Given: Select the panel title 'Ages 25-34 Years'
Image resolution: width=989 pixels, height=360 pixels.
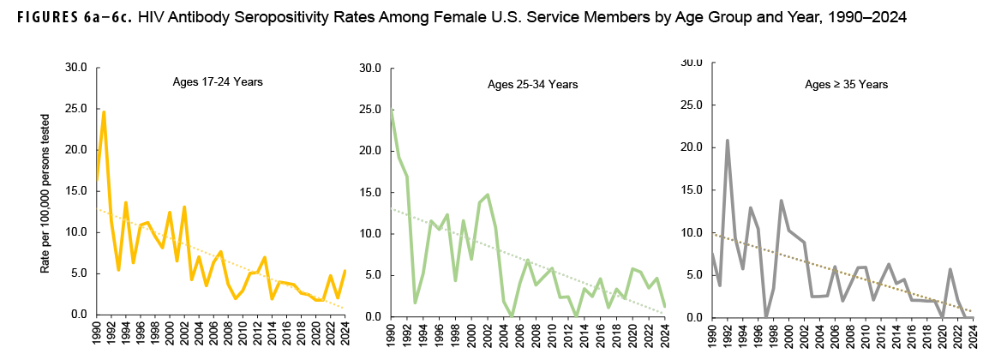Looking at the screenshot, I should tap(532, 84).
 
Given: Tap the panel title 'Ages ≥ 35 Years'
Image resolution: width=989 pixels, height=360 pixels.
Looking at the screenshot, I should tap(846, 84).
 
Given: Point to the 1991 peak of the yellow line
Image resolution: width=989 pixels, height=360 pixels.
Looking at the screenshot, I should tap(104, 111).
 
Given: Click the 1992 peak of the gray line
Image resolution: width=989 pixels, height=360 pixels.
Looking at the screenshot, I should tap(728, 141).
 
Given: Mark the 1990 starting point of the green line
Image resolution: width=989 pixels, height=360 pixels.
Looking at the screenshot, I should tap(391, 110).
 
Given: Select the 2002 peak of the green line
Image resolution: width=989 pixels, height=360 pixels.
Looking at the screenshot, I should tap(487, 195).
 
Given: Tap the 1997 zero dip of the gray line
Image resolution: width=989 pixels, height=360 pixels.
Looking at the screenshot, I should tap(766, 315).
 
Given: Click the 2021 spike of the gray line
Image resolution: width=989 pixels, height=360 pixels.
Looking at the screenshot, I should tap(950, 269).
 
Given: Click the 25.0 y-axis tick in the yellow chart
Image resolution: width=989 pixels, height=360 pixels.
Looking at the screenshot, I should tap(77, 108).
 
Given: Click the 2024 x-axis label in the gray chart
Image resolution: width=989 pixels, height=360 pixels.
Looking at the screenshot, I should tap(973, 338).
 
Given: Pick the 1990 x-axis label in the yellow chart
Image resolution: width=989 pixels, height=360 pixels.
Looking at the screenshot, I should tap(96, 336).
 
